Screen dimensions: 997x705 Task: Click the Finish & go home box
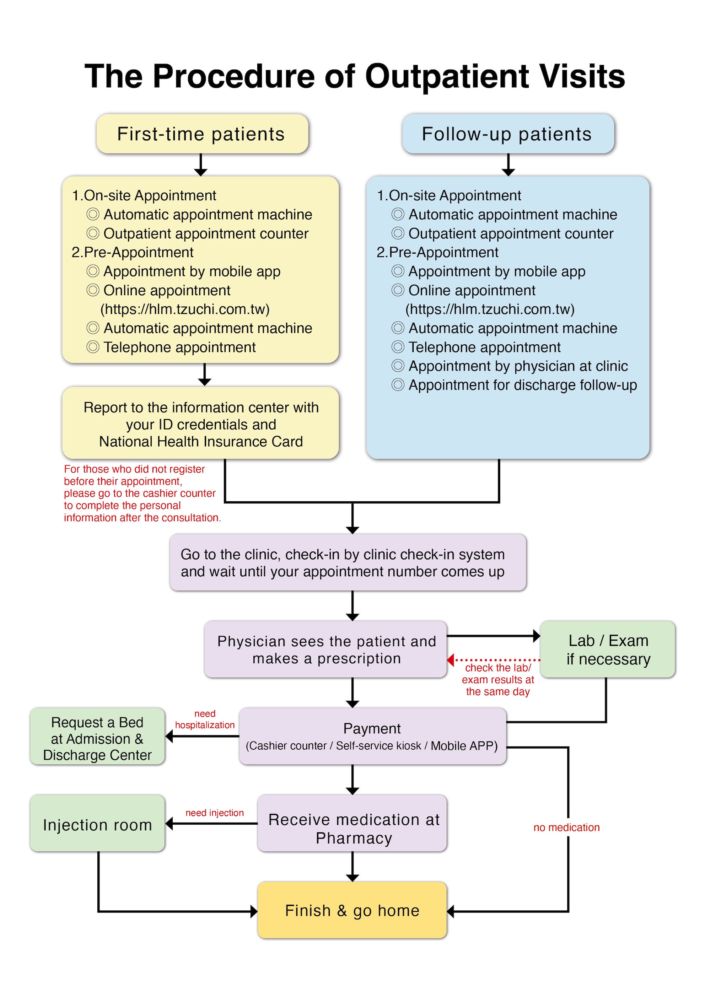[352, 910]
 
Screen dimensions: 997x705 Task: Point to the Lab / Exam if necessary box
[607, 650]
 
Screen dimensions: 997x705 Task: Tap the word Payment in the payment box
[372, 729]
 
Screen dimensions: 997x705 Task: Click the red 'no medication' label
[566, 828]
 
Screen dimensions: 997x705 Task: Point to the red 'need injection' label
[215, 813]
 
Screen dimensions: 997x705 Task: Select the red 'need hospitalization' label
[205, 720]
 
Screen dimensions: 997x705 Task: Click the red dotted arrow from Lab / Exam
[495, 660]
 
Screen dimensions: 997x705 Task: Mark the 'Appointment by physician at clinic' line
[518, 366]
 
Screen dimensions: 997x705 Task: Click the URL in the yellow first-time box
[185, 309]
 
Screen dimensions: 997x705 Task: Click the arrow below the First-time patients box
[200, 165]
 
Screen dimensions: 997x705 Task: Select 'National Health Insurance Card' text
[201, 442]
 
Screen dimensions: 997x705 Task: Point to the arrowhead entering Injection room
[169, 824]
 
